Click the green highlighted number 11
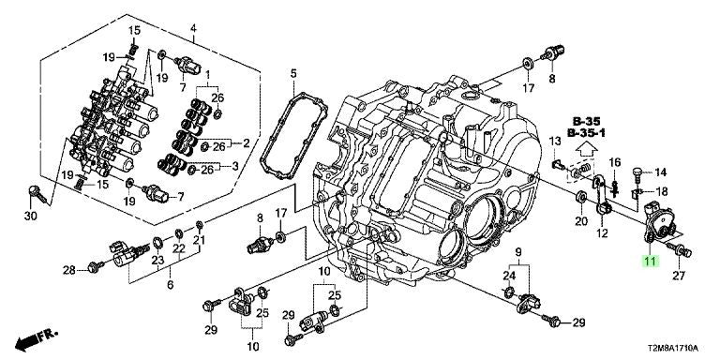coord(651,262)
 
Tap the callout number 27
coord(679,276)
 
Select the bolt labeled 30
coord(37,194)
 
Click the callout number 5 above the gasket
coord(293,73)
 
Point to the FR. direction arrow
coord(37,339)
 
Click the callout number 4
coord(193,28)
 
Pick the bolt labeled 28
coord(97,266)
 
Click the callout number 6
coord(170,285)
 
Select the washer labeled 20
coord(580,198)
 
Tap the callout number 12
coord(602,233)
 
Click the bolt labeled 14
coord(637,172)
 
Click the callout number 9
coord(518,251)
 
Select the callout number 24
coord(509,276)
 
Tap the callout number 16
coord(615,161)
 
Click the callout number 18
coord(662,191)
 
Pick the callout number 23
coord(157,261)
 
